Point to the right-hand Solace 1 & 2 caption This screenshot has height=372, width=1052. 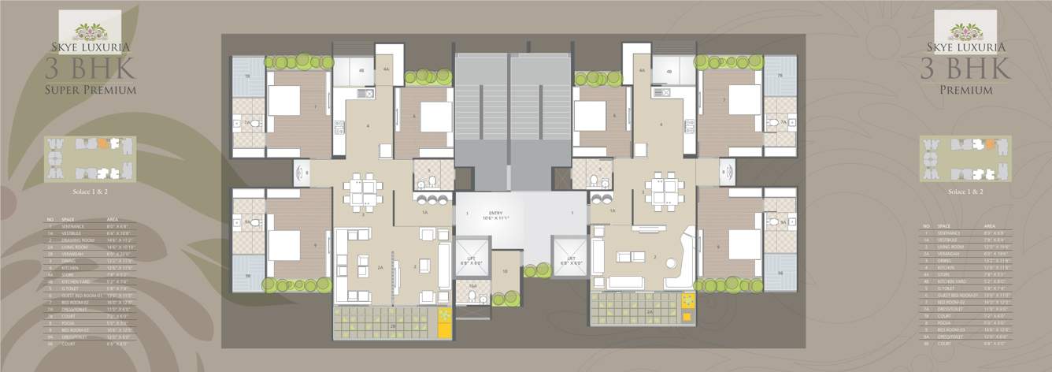pos(965,191)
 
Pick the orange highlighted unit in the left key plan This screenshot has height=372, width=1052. pos(103,143)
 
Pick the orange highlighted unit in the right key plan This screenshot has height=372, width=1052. pos(983,143)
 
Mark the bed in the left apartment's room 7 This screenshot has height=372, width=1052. pos(284,100)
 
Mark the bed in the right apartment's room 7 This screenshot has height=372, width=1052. pos(743,100)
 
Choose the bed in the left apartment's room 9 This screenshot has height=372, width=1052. pos(284,244)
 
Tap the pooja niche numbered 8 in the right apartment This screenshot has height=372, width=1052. pos(725,170)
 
